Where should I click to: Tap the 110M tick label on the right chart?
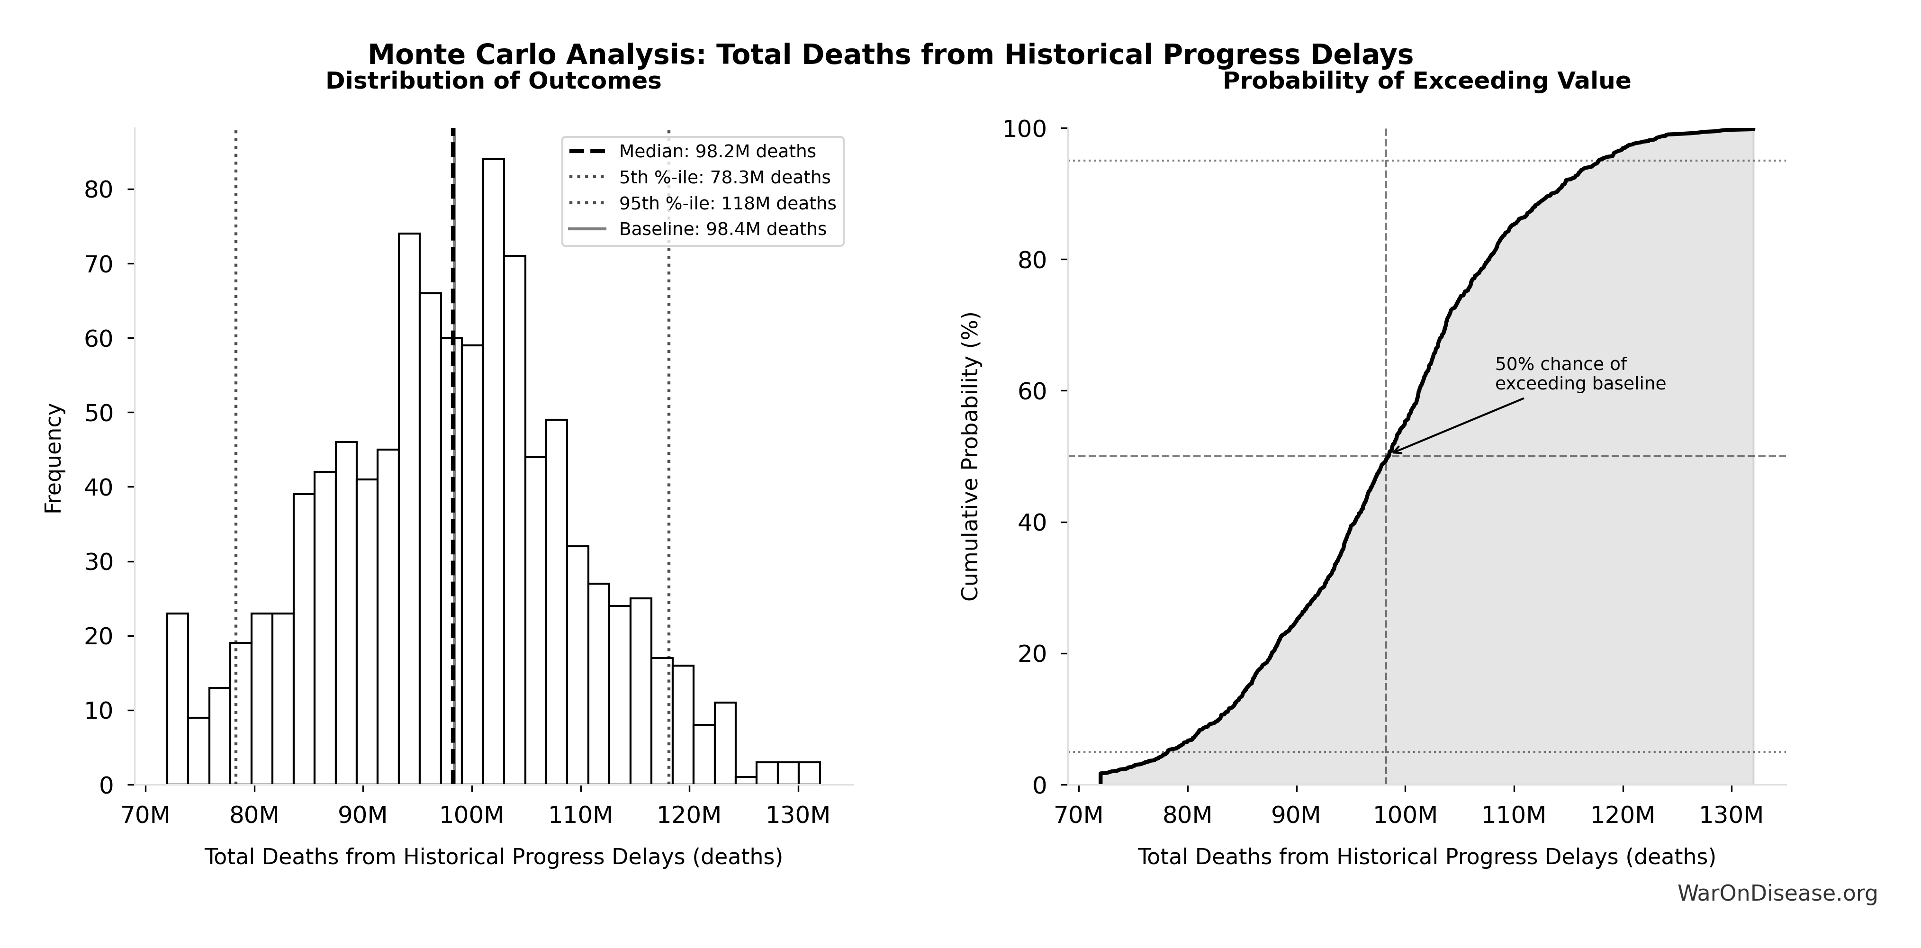coord(1514,815)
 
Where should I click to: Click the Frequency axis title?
coord(54,458)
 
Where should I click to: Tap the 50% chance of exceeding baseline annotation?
coord(1579,374)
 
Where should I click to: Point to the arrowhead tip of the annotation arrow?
coord(1391,452)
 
